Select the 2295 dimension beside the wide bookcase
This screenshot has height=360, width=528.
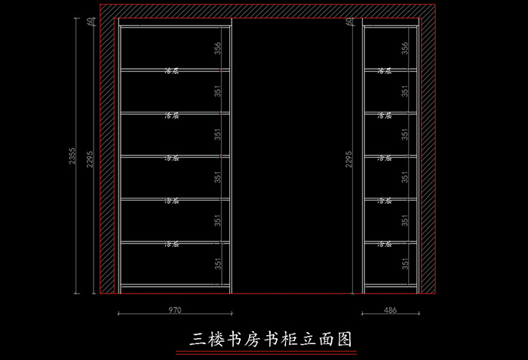(x=91, y=160)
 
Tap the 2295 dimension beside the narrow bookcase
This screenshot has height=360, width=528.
(x=348, y=160)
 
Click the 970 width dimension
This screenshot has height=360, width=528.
(x=174, y=309)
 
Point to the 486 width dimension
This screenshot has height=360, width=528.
(x=390, y=309)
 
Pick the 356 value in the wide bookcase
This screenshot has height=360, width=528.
(x=217, y=48)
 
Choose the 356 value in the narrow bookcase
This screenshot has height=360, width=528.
(x=406, y=48)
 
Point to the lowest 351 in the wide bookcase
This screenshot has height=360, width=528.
(x=217, y=263)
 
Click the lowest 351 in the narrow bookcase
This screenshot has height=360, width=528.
(x=406, y=263)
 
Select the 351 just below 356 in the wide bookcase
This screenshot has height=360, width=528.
(x=217, y=91)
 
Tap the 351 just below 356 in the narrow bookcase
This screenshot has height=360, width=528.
(x=406, y=91)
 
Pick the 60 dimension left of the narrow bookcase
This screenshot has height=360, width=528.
(x=348, y=23)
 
